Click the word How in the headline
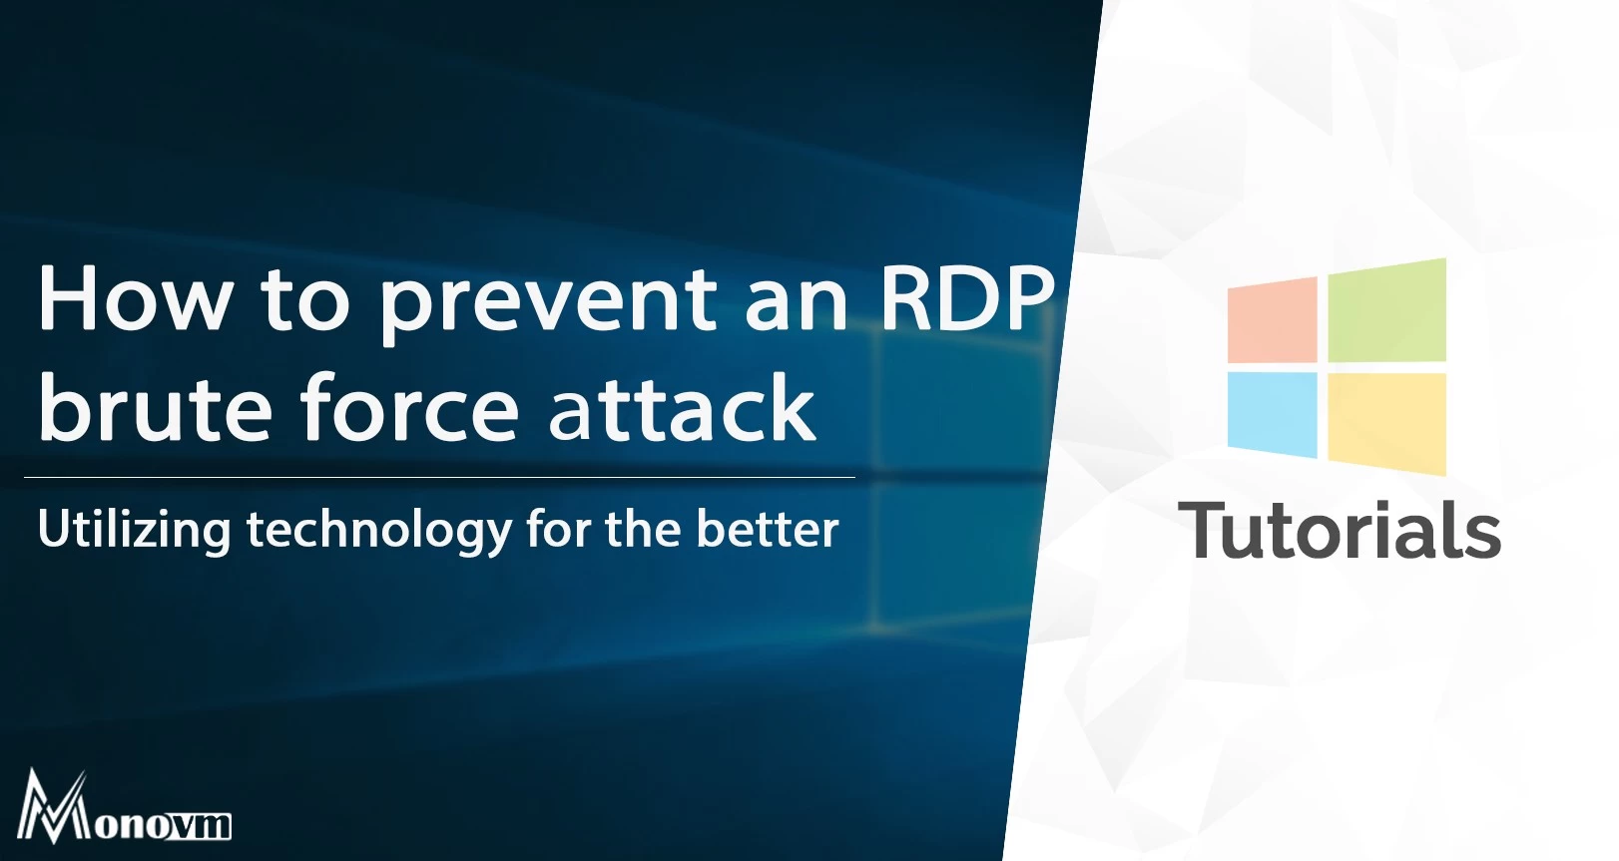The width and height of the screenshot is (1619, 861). coord(134,297)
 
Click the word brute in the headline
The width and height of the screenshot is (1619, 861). coord(155,406)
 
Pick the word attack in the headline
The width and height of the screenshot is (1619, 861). coord(682,406)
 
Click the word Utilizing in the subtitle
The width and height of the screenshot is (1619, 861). coord(135,530)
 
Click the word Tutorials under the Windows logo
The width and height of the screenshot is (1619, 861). coord(1340,529)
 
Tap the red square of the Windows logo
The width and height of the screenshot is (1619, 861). coord(1272,320)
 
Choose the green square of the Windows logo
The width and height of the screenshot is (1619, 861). coord(1387,310)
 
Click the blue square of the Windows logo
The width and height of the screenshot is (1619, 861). coord(1272,415)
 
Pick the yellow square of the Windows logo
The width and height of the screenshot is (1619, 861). coord(1387,424)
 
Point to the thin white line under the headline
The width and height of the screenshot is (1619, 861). coord(439,478)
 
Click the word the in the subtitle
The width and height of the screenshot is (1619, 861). coord(643,529)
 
